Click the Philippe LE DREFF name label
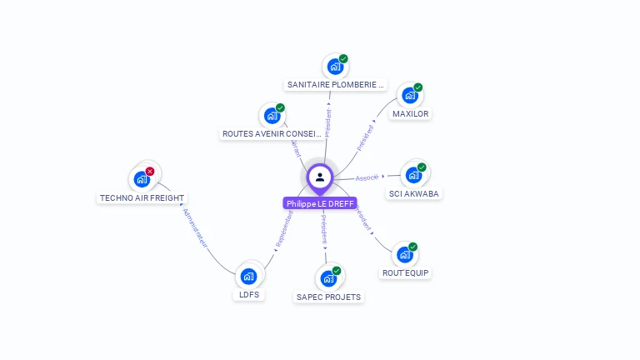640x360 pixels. (320, 203)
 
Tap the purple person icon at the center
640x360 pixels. (320, 177)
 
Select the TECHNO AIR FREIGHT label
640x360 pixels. (142, 198)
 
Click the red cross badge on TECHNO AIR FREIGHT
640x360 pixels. (150, 171)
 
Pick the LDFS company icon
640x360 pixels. (247, 276)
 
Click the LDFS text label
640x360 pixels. (248, 295)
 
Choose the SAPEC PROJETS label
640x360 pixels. (328, 297)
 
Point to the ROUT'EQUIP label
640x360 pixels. (406, 272)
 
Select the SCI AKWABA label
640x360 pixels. (414, 194)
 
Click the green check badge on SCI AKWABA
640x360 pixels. (422, 167)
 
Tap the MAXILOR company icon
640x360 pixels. (409, 95)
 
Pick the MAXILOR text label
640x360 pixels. (411, 113)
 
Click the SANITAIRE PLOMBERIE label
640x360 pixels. (335, 84)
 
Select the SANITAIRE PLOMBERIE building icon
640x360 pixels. (335, 66)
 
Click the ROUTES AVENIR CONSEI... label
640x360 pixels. (272, 133)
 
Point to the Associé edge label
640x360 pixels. (367, 177)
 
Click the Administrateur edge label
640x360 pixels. (194, 228)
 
